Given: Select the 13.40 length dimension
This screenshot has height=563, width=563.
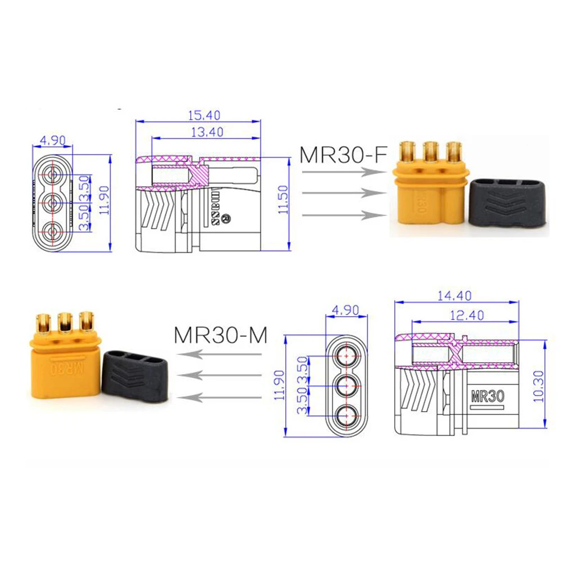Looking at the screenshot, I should (x=208, y=132).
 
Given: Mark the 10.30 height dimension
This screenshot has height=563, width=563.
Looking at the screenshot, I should (x=539, y=386).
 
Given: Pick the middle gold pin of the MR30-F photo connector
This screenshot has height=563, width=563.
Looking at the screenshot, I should (x=430, y=152).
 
